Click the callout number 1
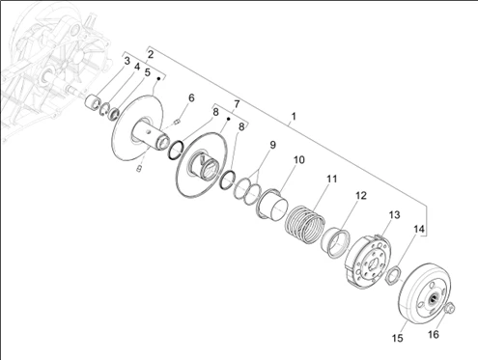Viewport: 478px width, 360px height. (294, 116)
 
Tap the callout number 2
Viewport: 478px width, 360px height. (151, 54)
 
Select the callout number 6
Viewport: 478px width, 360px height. (191, 97)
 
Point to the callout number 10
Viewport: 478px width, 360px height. (299, 159)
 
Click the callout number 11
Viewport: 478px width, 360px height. (331, 179)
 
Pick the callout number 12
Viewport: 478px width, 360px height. (361, 195)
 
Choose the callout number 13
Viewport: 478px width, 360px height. (394, 214)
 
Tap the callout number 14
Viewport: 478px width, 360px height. (419, 230)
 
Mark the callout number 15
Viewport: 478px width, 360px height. (398, 338)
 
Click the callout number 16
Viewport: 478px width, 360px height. (434, 335)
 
